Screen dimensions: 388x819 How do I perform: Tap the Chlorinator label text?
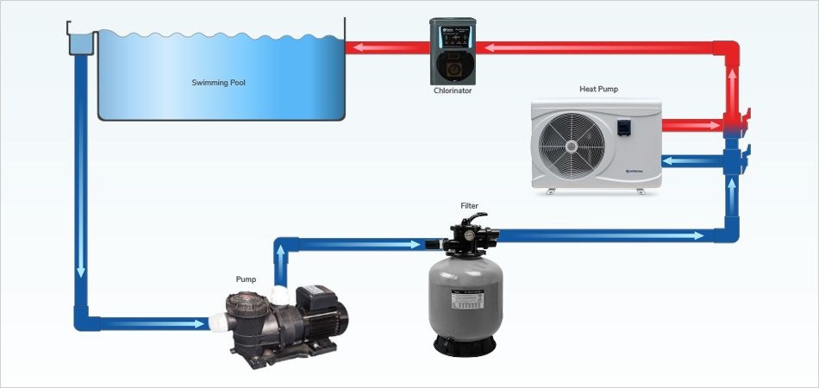(453, 91)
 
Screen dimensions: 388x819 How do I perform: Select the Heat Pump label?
(598, 89)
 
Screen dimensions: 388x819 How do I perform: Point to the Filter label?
(469, 206)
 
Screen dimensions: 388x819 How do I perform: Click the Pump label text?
(246, 279)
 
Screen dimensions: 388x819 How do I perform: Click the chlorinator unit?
(453, 51)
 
